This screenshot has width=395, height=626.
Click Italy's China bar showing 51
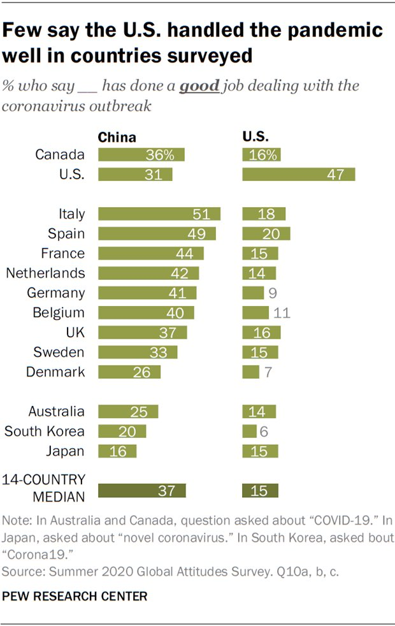[x=159, y=214]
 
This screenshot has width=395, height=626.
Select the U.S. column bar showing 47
[x=298, y=175]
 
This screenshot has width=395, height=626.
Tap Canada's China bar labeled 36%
[x=141, y=155]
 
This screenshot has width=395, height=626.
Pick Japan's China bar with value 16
[x=117, y=451]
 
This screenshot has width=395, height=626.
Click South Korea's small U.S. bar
[x=249, y=432]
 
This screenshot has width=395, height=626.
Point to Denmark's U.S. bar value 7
[x=251, y=372]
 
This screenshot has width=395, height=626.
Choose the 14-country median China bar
[x=141, y=490]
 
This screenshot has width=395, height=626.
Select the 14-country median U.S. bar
[x=260, y=490]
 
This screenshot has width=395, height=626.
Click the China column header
[x=117, y=136]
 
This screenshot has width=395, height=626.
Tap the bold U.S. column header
[x=256, y=136]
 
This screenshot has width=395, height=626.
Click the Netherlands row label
[x=45, y=273]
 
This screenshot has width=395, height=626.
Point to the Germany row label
[x=56, y=293]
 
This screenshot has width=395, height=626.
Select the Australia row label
[x=56, y=412]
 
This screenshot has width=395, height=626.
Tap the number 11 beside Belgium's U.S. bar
[x=281, y=313]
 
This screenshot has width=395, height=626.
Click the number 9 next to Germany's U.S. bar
[x=273, y=293]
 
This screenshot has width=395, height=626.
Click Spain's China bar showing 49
[x=157, y=233]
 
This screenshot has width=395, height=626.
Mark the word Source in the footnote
[x=20, y=570]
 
